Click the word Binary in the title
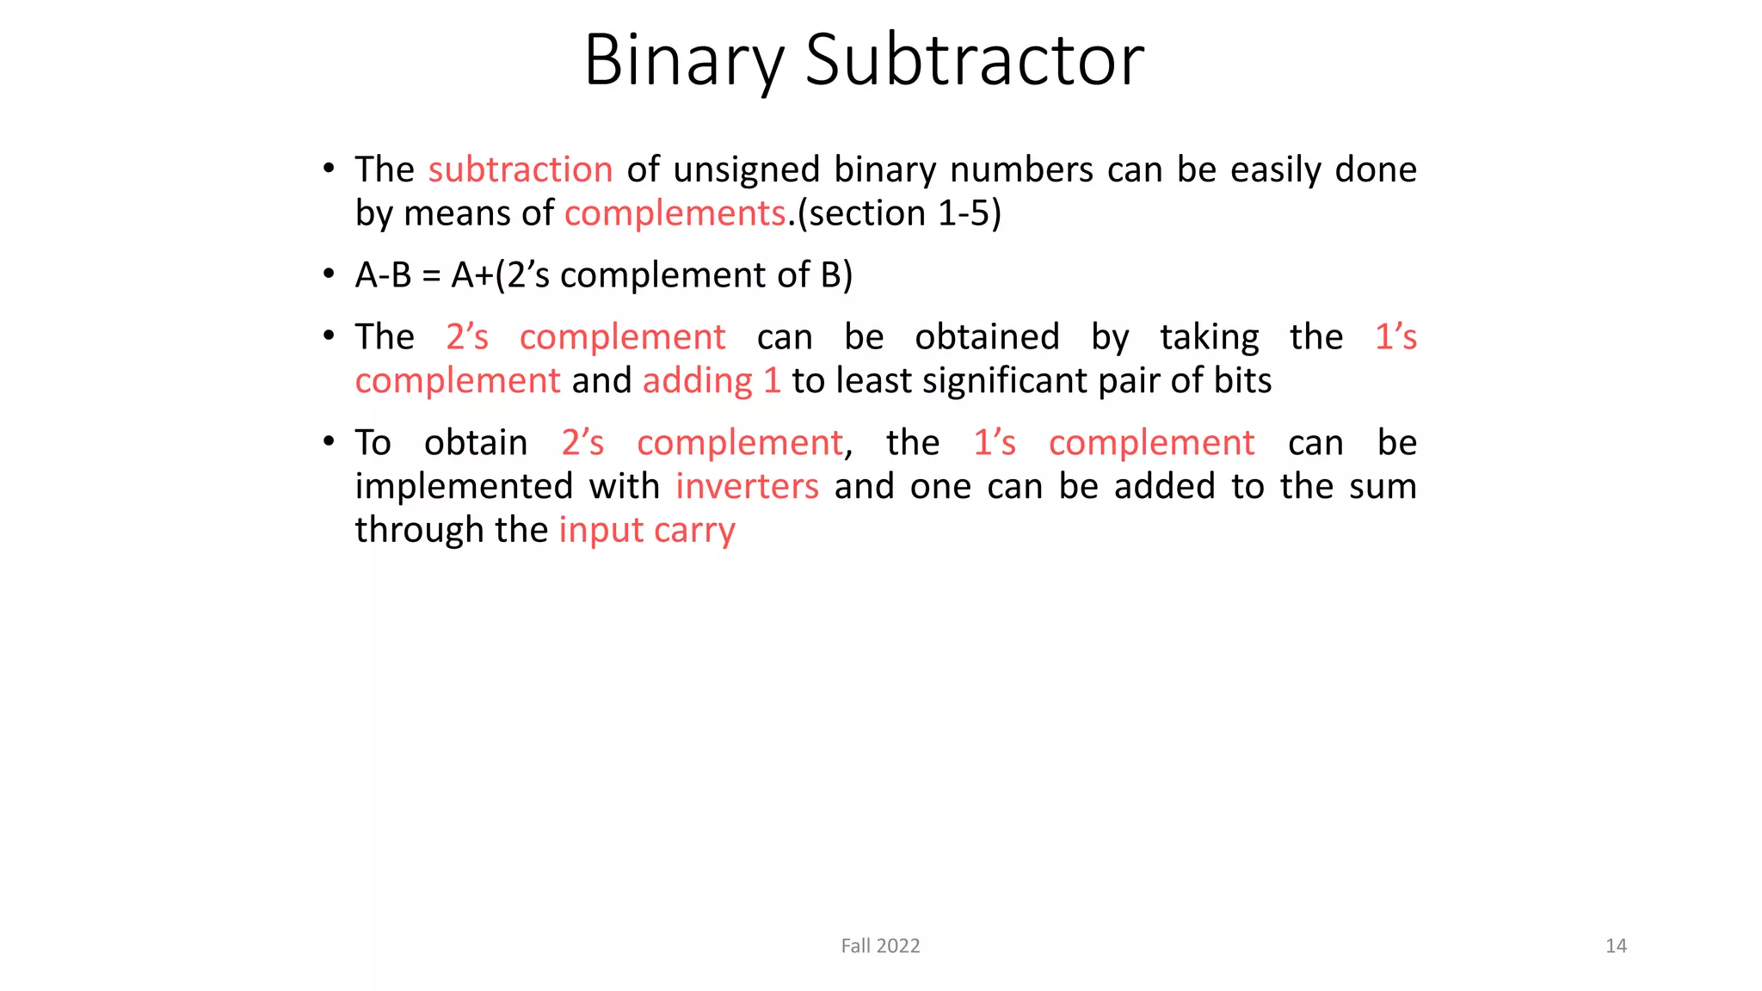[x=684, y=60]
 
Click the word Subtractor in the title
[x=974, y=60]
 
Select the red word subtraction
[x=521, y=169]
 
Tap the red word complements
[x=675, y=213]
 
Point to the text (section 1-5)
[x=899, y=213]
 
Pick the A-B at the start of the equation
[x=383, y=275]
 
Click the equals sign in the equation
[x=432, y=276]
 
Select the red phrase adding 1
[x=712, y=380]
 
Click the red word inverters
[x=747, y=486]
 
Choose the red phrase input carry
[x=647, y=530]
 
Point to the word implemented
[x=464, y=486]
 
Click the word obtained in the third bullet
[x=987, y=336]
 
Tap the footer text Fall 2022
[x=880, y=946]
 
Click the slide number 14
[x=1616, y=946]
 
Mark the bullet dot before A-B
[x=329, y=274]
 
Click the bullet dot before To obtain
[x=329, y=442]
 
